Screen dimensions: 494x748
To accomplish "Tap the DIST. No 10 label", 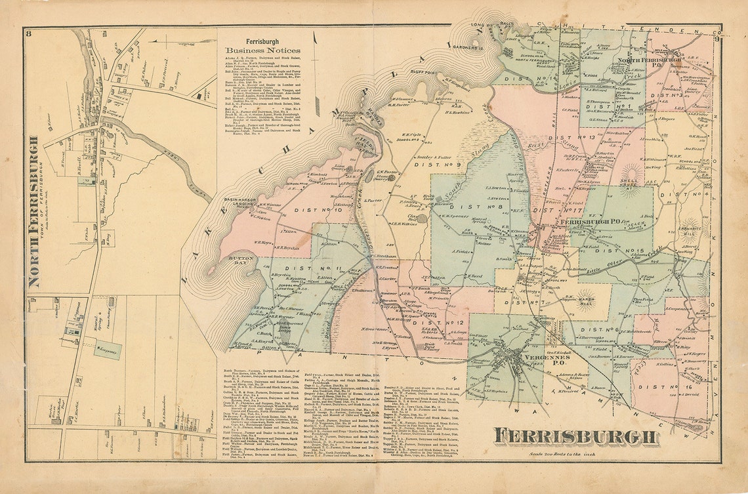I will click(x=311, y=211).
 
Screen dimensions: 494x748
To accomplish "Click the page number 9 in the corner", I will click(x=717, y=39).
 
